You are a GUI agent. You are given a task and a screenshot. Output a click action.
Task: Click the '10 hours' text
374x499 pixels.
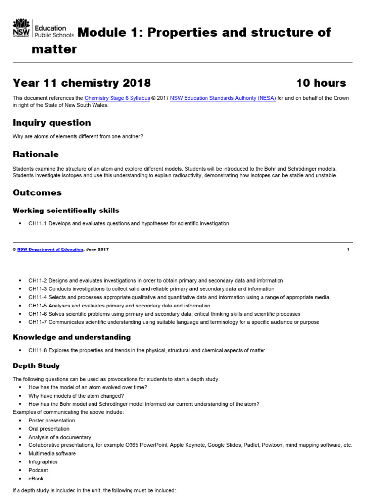tap(321, 83)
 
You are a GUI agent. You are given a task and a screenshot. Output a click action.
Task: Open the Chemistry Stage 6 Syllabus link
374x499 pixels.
tap(117, 98)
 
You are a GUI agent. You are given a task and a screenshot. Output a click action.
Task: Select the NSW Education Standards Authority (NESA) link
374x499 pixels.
tap(223, 98)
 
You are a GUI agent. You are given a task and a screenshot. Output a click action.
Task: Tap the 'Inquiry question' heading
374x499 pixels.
tap(52, 123)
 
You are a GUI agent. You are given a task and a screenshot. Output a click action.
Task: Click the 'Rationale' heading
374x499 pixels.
tap(36, 154)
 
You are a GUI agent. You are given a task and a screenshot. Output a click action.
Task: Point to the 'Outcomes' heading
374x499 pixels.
tap(37, 192)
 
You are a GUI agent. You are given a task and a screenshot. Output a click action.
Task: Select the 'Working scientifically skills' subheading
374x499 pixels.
tap(66, 211)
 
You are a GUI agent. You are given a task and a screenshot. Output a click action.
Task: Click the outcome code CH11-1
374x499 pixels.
tap(37, 224)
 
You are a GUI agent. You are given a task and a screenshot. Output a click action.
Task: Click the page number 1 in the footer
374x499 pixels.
tap(348, 249)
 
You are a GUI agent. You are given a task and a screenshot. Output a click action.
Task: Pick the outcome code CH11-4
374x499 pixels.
tap(37, 297)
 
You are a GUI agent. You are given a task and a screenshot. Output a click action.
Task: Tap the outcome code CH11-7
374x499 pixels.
tap(37, 322)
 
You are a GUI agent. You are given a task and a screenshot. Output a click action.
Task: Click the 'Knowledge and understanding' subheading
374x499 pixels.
tap(72, 337)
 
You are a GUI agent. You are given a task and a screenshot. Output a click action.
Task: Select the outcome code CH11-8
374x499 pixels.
tap(37, 350)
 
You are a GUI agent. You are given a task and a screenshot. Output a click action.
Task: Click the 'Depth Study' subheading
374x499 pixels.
tap(36, 365)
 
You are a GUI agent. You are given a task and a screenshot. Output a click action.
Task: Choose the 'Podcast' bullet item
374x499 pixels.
tap(38, 470)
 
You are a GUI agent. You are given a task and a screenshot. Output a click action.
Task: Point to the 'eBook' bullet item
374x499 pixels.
tap(36, 479)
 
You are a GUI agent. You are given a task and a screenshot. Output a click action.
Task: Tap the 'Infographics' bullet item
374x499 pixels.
tap(43, 462)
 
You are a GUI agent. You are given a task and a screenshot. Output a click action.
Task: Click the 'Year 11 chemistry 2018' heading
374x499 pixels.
tap(82, 83)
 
